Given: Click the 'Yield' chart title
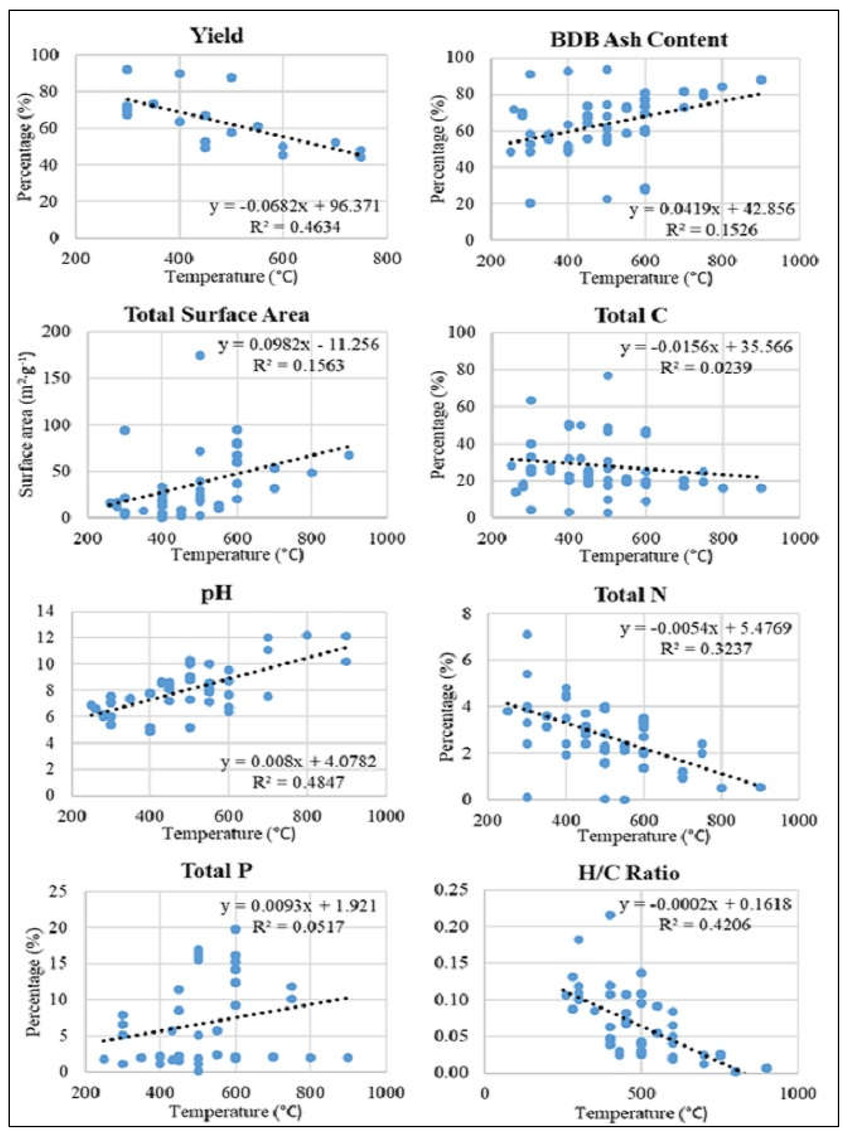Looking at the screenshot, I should (x=217, y=36).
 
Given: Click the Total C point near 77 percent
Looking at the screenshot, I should (x=608, y=376).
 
